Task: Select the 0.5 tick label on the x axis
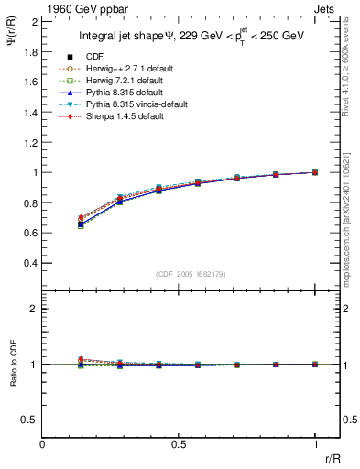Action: click(x=179, y=444)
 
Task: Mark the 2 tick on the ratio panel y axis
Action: click(x=33, y=309)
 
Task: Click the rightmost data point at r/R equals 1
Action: click(x=315, y=172)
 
